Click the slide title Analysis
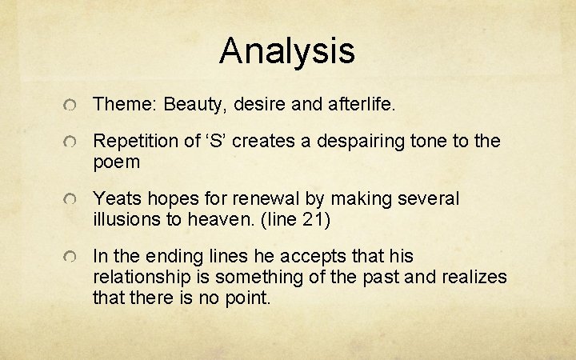[287, 50]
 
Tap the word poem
[117, 162]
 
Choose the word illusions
[126, 218]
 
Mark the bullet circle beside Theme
[71, 105]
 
